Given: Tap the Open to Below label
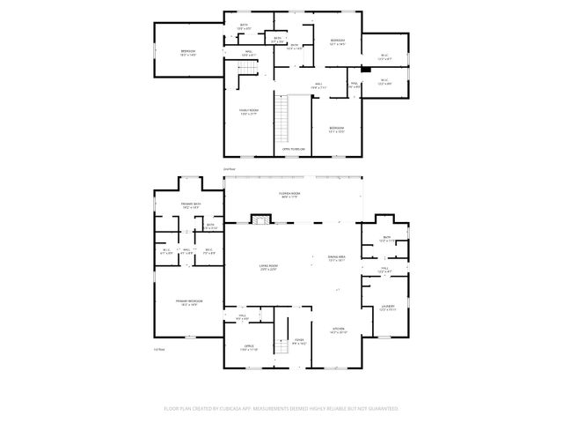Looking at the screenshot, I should pos(294,149).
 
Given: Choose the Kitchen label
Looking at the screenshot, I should pos(338,331).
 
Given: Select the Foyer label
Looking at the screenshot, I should pos(299,340).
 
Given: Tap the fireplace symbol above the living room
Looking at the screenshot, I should pos(261,219).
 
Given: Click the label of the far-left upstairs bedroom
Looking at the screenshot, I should pos(187,52).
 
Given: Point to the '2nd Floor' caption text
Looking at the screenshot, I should pos(229,168).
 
